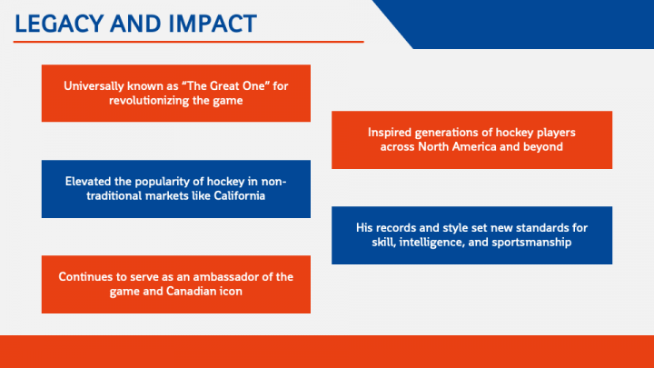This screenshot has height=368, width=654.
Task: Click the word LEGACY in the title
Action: click(x=59, y=24)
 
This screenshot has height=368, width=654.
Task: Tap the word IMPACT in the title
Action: click(x=213, y=24)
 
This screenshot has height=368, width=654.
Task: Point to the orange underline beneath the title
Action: click(x=189, y=42)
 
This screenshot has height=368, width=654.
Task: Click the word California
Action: click(x=240, y=195)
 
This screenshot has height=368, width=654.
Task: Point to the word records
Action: click(x=395, y=228)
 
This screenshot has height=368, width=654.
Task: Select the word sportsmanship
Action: click(x=531, y=243)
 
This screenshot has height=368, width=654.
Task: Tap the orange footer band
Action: click(x=327, y=352)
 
